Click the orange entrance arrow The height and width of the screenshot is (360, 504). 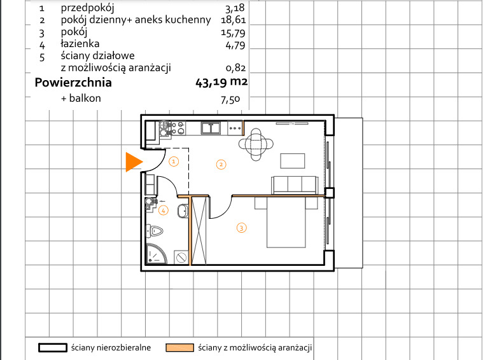pos(134,162)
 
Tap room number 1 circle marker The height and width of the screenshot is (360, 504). pos(174,161)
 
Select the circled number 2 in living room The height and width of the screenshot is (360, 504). pos(221,165)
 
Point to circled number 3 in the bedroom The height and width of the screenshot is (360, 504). pos(241,228)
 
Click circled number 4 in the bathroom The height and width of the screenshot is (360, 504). pos(164,211)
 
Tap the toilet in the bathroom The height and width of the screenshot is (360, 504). pos(155,231)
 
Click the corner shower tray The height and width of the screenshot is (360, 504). pos(156,254)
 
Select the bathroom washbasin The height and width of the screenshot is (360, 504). pos(183,211)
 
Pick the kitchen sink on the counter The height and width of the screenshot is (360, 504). pos(211,128)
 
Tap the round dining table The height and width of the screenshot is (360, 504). pos(256,144)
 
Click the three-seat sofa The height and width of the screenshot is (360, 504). pos(295,185)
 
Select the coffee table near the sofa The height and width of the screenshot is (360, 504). pos(293,161)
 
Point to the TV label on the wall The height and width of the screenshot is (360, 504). pos(292,123)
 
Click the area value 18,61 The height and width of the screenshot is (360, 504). pos(234,20)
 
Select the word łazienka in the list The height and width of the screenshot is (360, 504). pos(80,44)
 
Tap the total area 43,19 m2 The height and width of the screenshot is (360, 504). pos(221,82)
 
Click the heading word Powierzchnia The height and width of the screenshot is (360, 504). pos(73,83)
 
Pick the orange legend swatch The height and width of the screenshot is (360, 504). pos(179,348)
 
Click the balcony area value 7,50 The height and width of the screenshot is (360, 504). pos(230,100)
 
